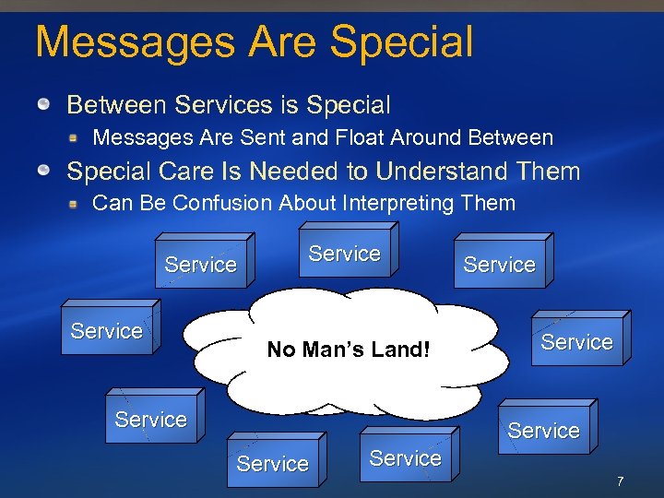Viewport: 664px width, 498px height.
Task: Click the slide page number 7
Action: click(x=621, y=481)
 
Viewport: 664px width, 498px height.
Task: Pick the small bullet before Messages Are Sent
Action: click(x=73, y=138)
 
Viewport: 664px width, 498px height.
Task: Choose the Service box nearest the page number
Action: click(x=543, y=431)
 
